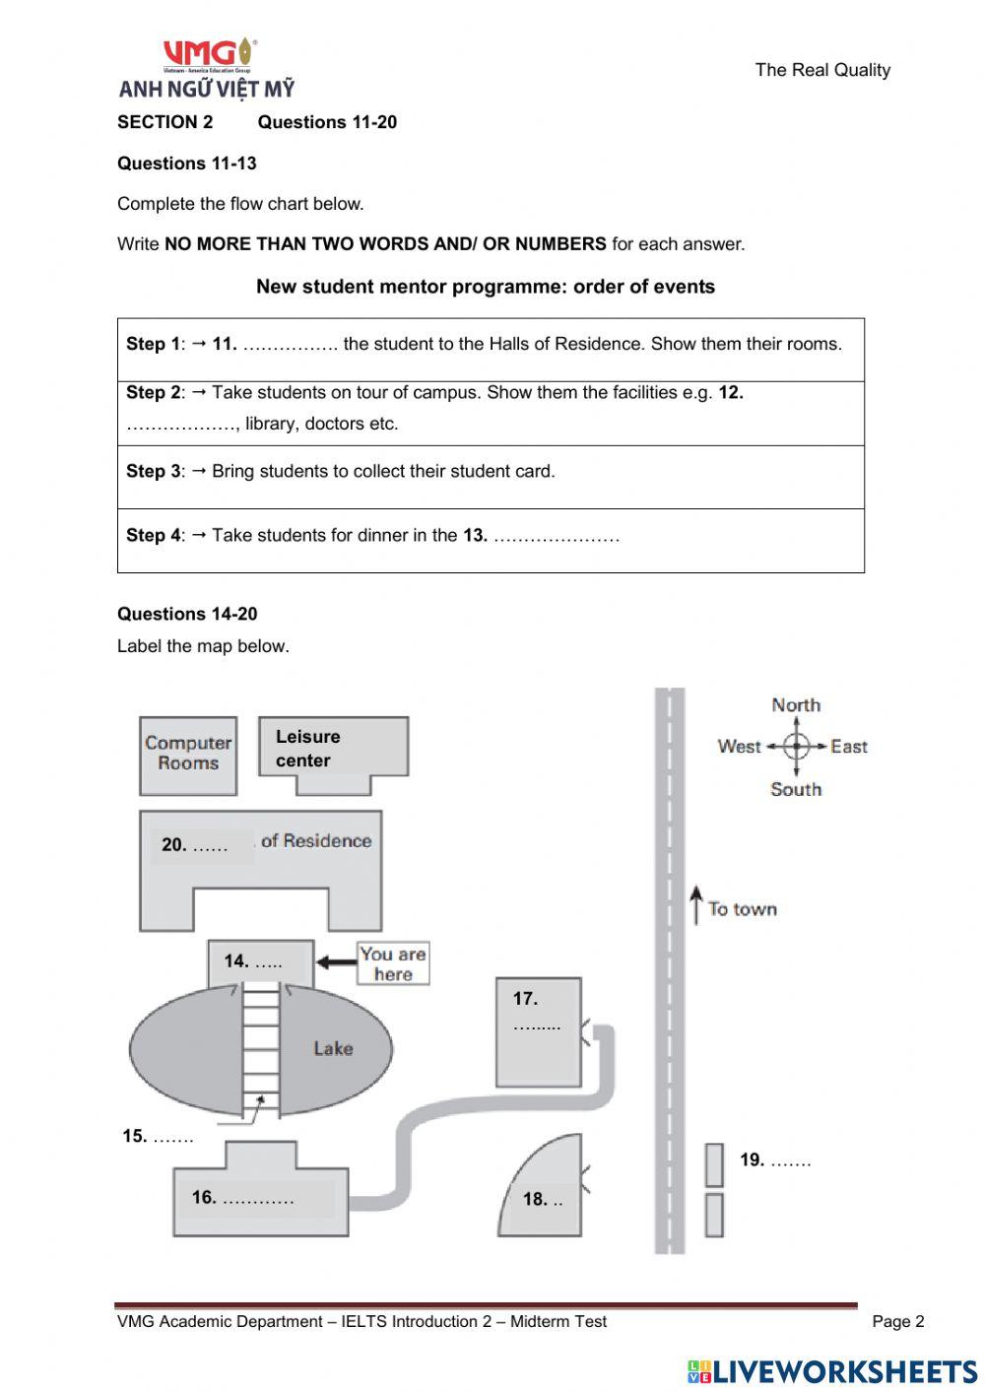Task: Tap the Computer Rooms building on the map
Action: (x=188, y=755)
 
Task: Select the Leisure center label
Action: (x=307, y=749)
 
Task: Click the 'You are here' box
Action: (x=393, y=963)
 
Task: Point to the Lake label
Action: (x=333, y=1048)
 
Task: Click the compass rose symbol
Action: (x=796, y=747)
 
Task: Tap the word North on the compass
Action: (x=796, y=705)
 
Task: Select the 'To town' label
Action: (x=742, y=909)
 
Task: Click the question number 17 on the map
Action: (x=525, y=999)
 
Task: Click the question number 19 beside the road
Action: (x=753, y=1160)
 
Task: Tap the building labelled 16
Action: (x=260, y=1199)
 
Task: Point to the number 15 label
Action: (x=135, y=1137)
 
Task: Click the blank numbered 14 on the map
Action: (x=253, y=961)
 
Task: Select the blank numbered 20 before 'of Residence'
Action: (x=195, y=845)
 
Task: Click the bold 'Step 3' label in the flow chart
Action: (x=153, y=472)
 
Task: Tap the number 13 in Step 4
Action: (x=475, y=536)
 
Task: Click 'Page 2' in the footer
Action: (x=897, y=1322)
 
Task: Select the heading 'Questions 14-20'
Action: (x=187, y=614)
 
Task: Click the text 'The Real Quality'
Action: (x=822, y=70)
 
